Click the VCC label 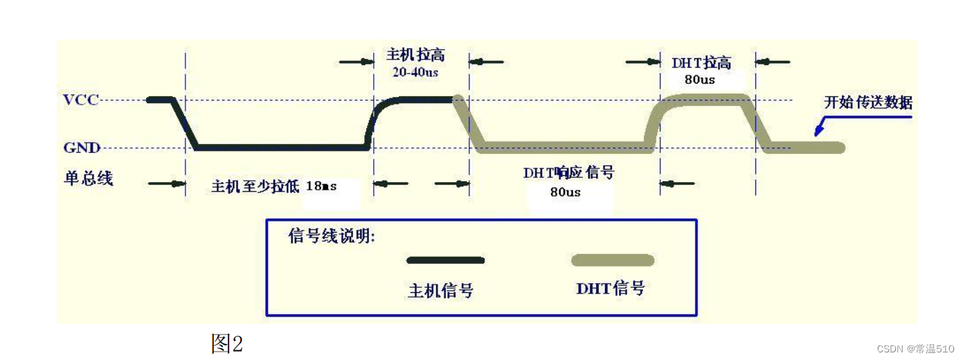pyautogui.click(x=81, y=100)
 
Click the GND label pyautogui.click(x=82, y=147)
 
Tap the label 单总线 pyautogui.click(x=88, y=178)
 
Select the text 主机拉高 pyautogui.click(x=415, y=55)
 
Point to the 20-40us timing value pyautogui.click(x=415, y=71)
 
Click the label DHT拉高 pyautogui.click(x=701, y=63)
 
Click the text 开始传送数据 pyautogui.click(x=868, y=103)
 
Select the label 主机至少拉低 pyautogui.click(x=255, y=186)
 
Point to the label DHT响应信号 pyautogui.click(x=568, y=172)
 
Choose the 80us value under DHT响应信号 pyautogui.click(x=566, y=192)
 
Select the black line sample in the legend pyautogui.click(x=445, y=260)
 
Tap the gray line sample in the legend pyautogui.click(x=612, y=260)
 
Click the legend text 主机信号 pyautogui.click(x=441, y=291)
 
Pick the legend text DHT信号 pyautogui.click(x=610, y=288)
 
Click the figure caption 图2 pyautogui.click(x=227, y=343)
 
